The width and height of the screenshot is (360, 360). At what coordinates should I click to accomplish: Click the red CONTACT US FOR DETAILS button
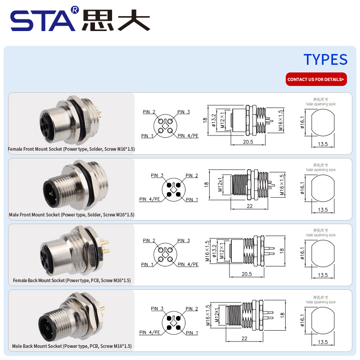coord(316,79)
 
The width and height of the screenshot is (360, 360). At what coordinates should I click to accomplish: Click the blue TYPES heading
coord(325,59)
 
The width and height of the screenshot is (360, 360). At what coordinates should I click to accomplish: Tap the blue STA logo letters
coord(43,21)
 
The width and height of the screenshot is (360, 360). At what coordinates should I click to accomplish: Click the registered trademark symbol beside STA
coord(75,9)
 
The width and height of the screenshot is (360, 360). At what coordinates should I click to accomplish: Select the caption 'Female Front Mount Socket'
coord(35,149)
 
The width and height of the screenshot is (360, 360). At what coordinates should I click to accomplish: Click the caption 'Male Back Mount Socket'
coord(37,346)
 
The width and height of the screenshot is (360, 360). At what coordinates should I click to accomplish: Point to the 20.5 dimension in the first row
coord(248,142)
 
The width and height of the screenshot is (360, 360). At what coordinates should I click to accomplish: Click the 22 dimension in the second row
coord(250,206)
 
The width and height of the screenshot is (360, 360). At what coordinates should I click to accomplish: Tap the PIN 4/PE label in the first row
coord(188,136)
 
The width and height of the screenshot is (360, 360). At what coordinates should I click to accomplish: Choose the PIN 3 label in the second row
coord(157,175)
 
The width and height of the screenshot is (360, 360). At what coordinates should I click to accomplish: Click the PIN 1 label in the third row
coord(147,265)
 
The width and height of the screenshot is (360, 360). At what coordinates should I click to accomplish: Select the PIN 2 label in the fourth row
coord(192,309)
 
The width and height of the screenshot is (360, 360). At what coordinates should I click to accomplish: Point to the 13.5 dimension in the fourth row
coord(323,342)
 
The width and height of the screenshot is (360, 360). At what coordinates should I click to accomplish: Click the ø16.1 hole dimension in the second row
coord(302,188)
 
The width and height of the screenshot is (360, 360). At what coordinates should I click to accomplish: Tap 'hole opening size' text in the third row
coord(320,235)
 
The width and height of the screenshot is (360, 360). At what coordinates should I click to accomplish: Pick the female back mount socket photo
coord(74,251)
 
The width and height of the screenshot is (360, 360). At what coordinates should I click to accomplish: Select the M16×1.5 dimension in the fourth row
coord(208,315)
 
